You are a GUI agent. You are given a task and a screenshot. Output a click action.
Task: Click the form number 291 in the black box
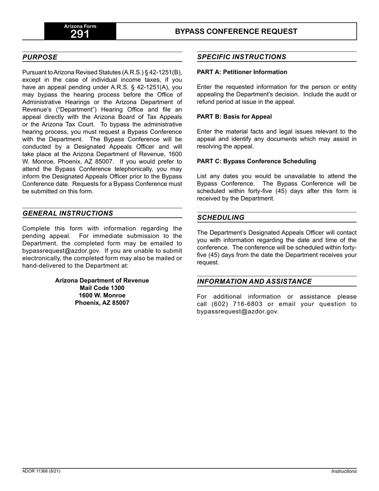tap(80, 34)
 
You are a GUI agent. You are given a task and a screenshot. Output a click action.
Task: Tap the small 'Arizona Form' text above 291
tap(80, 26)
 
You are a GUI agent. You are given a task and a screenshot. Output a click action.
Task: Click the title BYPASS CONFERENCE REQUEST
tap(236, 32)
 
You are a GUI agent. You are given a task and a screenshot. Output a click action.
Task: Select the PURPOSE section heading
tap(40, 57)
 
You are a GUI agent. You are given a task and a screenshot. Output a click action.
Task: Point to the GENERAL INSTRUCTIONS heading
tap(68, 213)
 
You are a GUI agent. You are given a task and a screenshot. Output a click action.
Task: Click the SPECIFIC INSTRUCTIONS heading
tap(241, 57)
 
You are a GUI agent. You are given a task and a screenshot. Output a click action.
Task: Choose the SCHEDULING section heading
tap(221, 218)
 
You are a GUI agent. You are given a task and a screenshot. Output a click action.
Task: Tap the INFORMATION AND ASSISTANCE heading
tap(254, 281)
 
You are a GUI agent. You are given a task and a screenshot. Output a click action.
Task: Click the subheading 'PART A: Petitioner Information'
tap(242, 72)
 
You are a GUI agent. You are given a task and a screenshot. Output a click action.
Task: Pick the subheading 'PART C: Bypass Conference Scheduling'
tap(256, 161)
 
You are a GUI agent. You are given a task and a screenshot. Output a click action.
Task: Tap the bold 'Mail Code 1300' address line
tap(102, 288)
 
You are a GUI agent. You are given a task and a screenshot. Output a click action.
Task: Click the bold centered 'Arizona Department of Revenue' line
tap(102, 281)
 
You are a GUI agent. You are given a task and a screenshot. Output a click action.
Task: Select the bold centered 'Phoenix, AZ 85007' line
tap(102, 303)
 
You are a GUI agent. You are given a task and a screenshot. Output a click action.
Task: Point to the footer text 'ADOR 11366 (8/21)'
tap(41, 471)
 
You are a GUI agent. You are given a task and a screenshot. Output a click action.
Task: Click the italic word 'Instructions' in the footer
tap(344, 471)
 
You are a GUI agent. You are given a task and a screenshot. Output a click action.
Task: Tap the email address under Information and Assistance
tap(237, 312)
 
